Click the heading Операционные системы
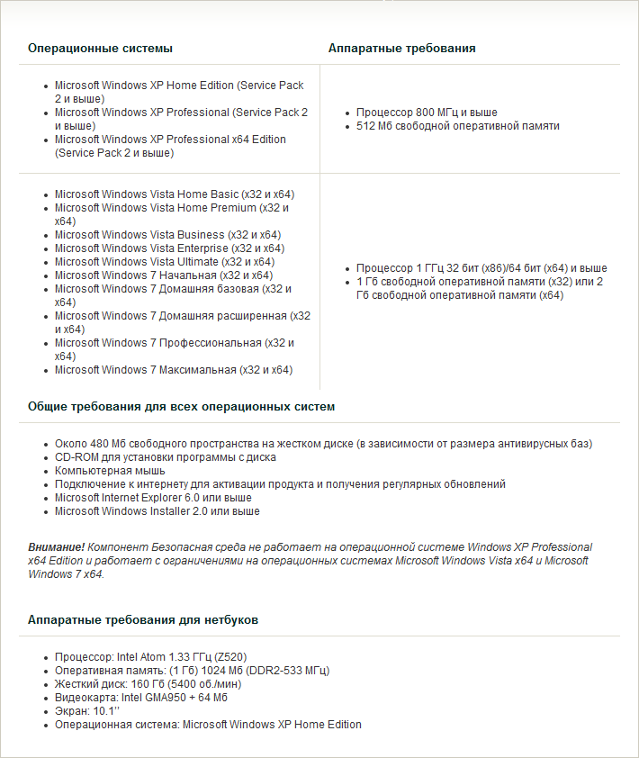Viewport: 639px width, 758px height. coord(100,48)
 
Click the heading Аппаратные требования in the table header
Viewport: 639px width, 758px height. coord(401,48)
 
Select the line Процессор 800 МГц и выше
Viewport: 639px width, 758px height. coord(427,113)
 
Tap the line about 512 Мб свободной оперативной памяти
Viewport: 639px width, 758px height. coord(457,126)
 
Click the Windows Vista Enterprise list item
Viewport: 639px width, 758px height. coord(169,248)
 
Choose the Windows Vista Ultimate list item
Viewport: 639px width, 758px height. coord(164,262)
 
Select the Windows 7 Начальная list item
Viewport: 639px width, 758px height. coord(163,275)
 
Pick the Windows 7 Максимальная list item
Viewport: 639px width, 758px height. coord(173,370)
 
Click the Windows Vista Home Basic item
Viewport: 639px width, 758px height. coord(175,194)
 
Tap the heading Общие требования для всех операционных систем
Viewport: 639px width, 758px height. coord(181,407)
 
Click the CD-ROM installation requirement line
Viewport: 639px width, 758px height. coord(165,457)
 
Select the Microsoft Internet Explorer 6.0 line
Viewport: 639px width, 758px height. coord(153,498)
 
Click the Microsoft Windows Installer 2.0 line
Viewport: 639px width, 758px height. coord(157,511)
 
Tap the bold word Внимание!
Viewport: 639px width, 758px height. coord(56,547)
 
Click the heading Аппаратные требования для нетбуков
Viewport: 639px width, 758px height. coord(145,621)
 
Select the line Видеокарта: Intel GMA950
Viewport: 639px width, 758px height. coord(140,698)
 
